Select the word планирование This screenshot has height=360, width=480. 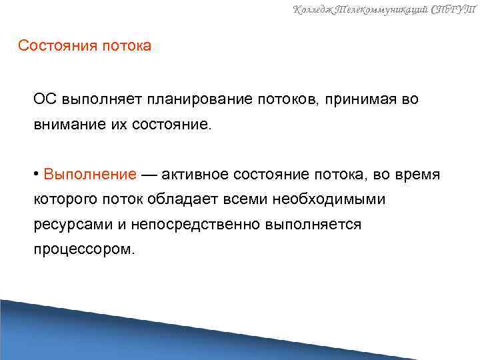point(201,100)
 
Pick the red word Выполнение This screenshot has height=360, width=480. point(90,175)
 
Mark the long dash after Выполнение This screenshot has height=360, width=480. point(150,175)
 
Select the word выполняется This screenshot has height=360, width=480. point(313,225)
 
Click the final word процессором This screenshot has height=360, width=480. point(84,250)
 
